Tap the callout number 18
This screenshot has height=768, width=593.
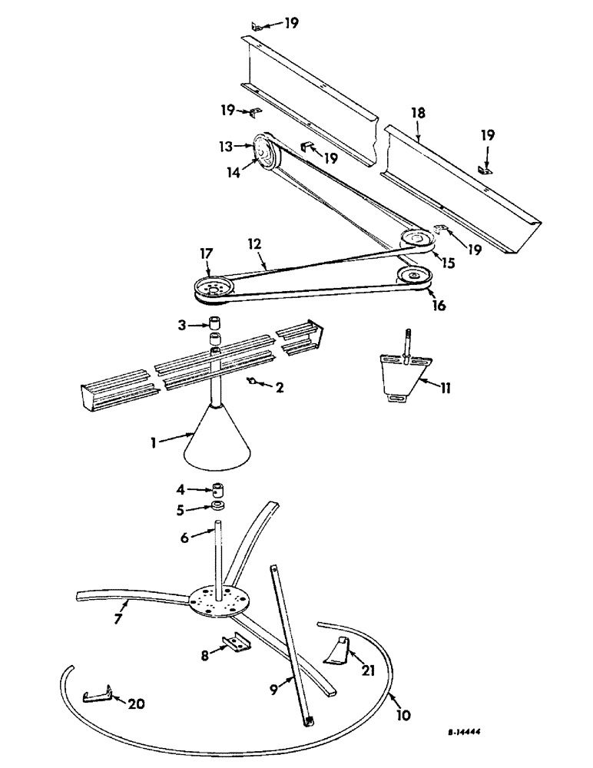(417, 113)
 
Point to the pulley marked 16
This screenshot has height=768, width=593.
(414, 276)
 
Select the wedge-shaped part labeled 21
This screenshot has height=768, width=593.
(336, 650)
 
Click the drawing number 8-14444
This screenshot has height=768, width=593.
(470, 733)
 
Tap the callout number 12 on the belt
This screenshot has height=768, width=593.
(254, 243)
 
